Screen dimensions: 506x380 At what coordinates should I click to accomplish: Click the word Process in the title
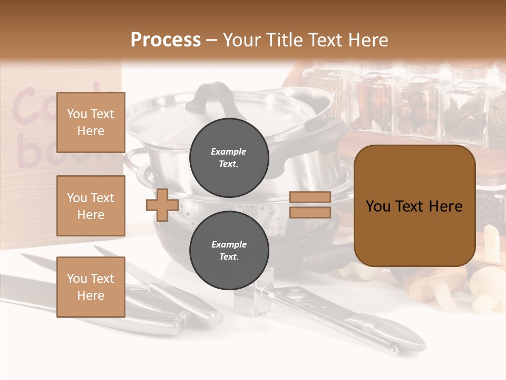coord(166,40)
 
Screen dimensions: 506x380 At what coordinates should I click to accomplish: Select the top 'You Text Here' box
coord(91,122)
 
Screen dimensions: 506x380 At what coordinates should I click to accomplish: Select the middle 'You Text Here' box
coord(91,206)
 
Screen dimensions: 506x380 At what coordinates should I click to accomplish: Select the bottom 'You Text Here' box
coord(91,287)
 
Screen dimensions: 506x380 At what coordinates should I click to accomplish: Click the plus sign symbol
coord(162,205)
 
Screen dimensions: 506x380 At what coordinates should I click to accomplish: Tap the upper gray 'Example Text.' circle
coord(229,157)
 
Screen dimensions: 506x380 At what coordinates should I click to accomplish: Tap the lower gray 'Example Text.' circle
coord(229,250)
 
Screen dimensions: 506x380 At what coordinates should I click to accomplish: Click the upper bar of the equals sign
coord(310,197)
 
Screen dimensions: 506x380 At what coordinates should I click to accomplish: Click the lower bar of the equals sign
coord(310,213)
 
